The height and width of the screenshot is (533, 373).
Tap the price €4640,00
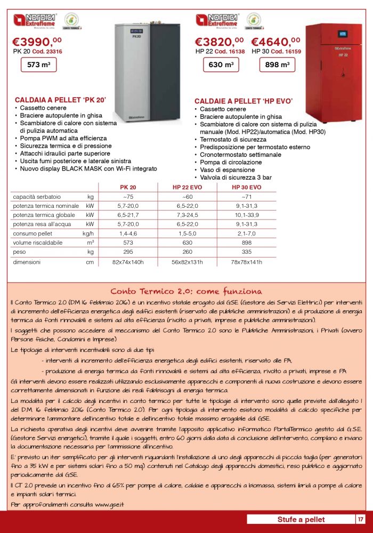[x=274, y=42]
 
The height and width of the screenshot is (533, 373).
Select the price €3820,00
[x=219, y=42]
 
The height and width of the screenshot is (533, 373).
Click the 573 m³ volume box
[x=38, y=65]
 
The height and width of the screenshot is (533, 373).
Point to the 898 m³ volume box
[x=277, y=65]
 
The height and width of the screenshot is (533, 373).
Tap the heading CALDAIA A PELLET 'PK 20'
[x=60, y=100]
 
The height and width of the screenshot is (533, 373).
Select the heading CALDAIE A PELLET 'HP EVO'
[x=244, y=101]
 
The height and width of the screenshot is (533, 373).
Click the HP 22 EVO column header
[x=187, y=188]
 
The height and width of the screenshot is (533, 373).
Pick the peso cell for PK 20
[x=128, y=252]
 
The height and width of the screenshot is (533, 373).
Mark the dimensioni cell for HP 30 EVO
[x=246, y=262]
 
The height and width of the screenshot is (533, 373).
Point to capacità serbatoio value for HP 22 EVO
[x=187, y=197]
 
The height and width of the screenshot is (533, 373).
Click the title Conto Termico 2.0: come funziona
[x=186, y=292]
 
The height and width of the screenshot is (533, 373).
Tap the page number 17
[x=360, y=519]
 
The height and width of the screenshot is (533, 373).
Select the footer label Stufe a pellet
[x=301, y=519]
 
